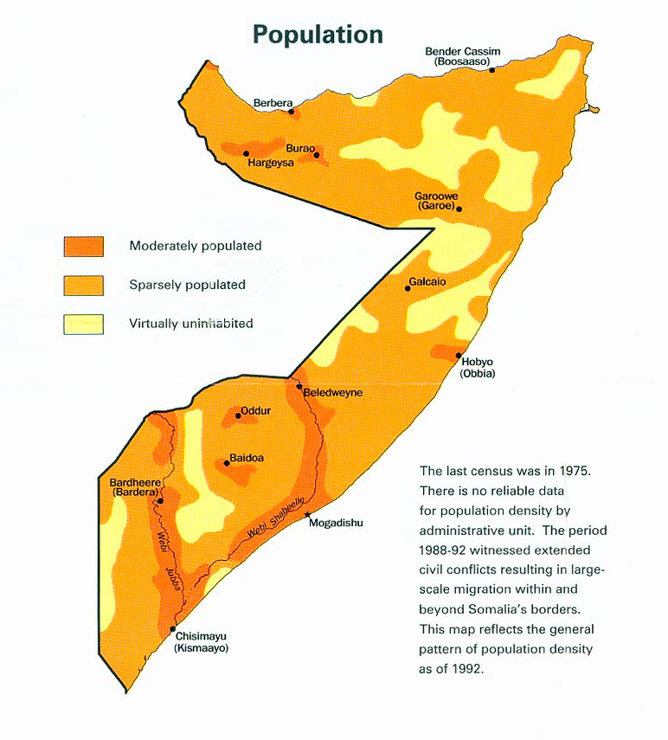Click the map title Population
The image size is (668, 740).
point(318,34)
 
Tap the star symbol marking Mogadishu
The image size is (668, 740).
point(308,515)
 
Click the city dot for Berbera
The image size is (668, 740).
point(292,111)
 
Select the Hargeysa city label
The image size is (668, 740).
point(271,163)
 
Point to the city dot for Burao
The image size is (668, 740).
point(317,156)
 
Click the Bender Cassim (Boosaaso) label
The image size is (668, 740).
point(462,57)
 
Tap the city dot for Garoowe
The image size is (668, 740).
point(459,209)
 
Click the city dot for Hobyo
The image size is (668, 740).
point(459,355)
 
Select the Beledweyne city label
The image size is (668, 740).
point(333,392)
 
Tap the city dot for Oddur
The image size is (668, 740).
point(238,415)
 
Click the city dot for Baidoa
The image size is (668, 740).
point(227,463)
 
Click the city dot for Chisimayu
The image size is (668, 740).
point(173,629)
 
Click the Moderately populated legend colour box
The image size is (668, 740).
point(83,247)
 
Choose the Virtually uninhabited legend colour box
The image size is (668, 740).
point(83,324)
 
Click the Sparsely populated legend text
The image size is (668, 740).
point(187,285)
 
